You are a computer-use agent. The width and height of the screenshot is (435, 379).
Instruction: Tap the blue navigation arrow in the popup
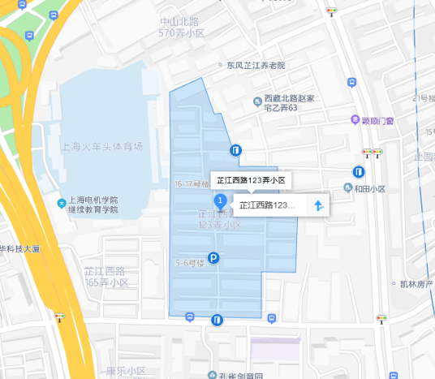(x=319, y=205)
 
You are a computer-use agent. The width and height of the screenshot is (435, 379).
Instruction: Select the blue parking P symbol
(x=213, y=258)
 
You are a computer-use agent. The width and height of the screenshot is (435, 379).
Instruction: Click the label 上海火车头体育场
(x=101, y=147)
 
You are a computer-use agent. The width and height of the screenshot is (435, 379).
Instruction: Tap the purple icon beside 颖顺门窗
(x=355, y=120)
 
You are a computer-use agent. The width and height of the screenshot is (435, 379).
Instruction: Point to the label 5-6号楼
(x=188, y=262)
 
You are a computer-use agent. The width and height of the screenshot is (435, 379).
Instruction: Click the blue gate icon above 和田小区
(x=358, y=171)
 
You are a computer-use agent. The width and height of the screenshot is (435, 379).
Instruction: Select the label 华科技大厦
(x=20, y=248)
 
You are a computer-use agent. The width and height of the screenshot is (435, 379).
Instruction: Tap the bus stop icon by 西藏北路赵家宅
(x=351, y=82)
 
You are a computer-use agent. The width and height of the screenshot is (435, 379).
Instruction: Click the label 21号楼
(x=423, y=98)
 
